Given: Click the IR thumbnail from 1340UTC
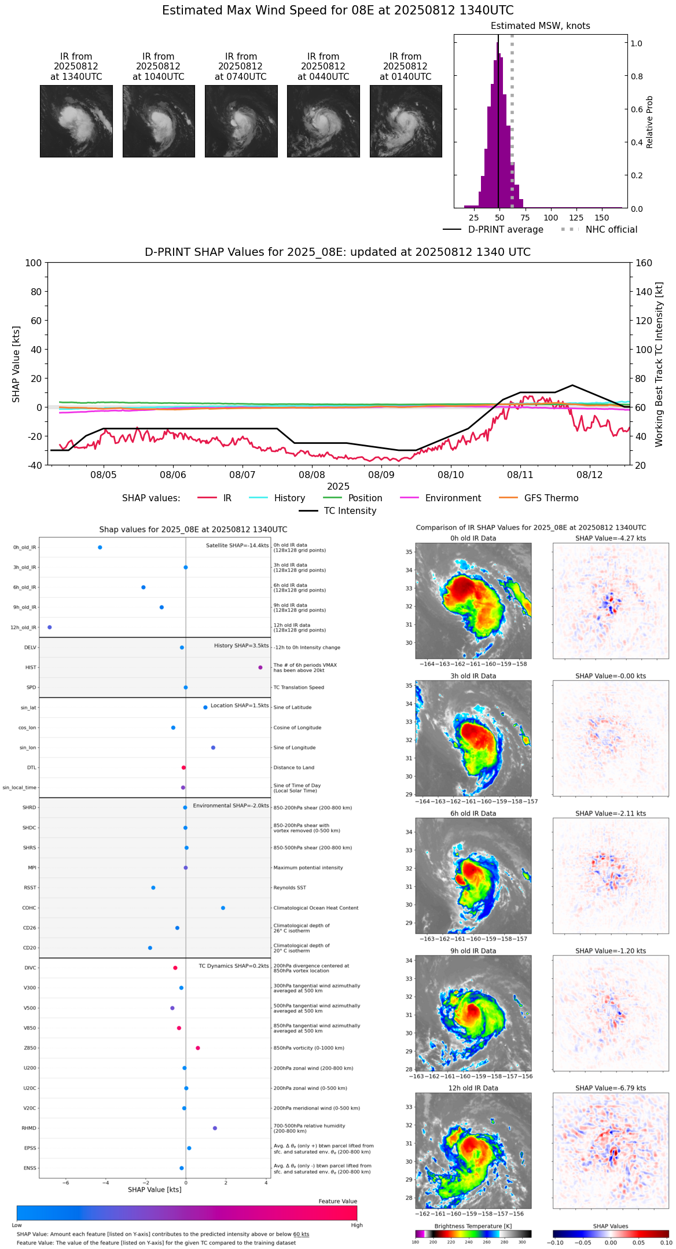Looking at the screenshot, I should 76,121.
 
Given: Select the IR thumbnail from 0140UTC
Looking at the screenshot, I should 406,121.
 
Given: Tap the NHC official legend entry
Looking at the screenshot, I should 611,230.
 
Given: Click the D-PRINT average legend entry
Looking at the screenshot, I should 505,230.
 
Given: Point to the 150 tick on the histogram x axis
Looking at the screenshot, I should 602,218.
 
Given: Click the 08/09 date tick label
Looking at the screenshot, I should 381,475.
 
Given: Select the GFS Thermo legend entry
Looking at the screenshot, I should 551,498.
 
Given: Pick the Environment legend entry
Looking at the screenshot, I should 453,498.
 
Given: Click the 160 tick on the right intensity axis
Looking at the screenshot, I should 644,263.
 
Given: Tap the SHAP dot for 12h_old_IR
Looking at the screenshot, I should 50,627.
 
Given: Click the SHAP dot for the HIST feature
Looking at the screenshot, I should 260,667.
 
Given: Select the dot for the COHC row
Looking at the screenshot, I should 223,908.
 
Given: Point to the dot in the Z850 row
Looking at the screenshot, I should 198,1048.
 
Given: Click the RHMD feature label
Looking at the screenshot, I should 29,1128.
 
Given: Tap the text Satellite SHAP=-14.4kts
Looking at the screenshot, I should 237,546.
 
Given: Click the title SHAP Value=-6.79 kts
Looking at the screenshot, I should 611,1088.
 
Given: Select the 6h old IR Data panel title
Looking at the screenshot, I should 473,813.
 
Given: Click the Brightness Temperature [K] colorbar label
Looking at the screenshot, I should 473,1226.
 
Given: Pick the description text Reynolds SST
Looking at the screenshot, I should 290,888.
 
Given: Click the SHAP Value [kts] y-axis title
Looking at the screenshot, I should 16,364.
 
